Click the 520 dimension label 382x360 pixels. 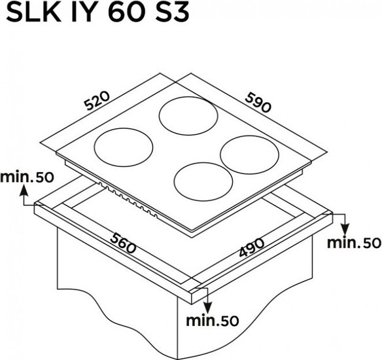(x=97, y=100)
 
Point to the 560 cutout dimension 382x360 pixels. (x=123, y=243)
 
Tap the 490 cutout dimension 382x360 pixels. (x=251, y=247)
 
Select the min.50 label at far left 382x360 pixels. (x=27, y=177)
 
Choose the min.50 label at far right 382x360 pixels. (x=354, y=243)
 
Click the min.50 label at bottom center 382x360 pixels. (x=213, y=321)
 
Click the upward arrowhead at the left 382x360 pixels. (x=24, y=190)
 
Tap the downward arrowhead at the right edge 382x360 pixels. (x=345, y=230)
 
